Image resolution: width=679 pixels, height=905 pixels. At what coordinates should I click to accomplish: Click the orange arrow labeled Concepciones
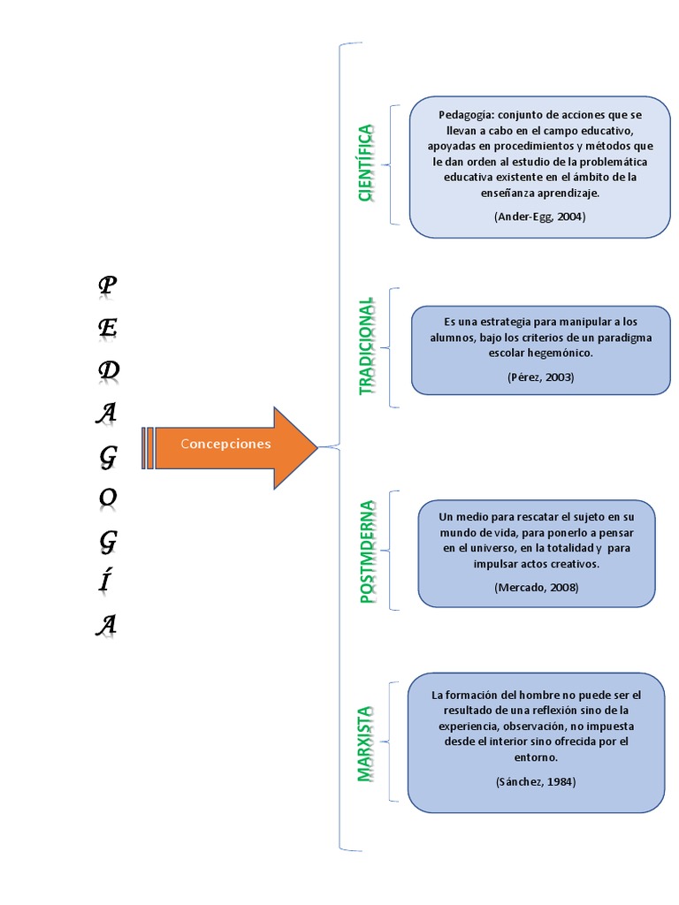[234, 447]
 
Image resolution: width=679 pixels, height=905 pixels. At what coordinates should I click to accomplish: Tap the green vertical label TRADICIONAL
[367, 346]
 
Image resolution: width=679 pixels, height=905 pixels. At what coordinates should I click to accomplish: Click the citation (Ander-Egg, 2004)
[539, 216]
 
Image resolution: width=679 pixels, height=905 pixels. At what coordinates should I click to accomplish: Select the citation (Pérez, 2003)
[540, 376]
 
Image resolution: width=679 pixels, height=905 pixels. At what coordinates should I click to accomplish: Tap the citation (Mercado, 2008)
[537, 587]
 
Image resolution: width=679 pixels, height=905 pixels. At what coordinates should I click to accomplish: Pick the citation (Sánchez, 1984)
[536, 781]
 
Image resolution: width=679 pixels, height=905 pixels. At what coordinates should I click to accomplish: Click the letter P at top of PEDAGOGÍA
[107, 285]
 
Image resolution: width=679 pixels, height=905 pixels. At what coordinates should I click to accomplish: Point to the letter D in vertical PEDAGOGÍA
[108, 371]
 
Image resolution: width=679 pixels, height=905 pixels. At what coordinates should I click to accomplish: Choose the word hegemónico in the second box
[561, 353]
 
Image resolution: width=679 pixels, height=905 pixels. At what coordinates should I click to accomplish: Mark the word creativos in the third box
[574, 563]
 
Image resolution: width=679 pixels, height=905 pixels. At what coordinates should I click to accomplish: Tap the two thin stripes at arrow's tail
[148, 447]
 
